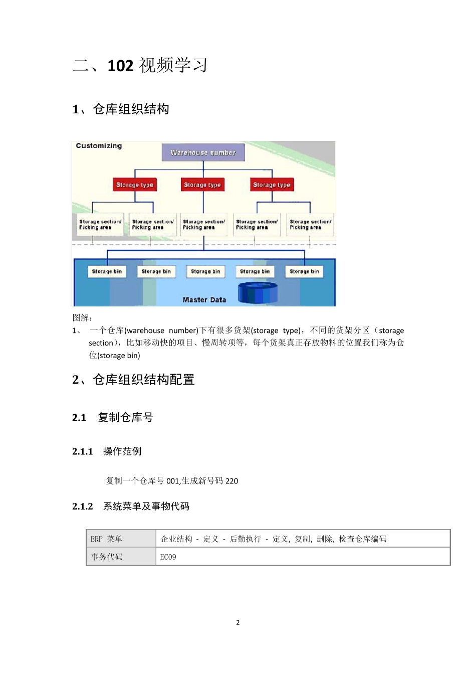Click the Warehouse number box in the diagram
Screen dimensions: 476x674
pyautogui.click(x=203, y=152)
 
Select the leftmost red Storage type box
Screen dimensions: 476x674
pyautogui.click(x=135, y=185)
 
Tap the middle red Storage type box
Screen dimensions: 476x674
pyautogui.click(x=202, y=185)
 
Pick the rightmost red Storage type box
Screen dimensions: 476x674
pyautogui.click(x=272, y=185)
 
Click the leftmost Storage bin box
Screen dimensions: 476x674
pyautogui.click(x=107, y=271)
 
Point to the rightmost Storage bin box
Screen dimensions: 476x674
pyautogui.click(x=304, y=271)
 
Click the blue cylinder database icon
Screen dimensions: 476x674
pyautogui.click(x=258, y=292)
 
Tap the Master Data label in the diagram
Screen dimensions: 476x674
pyautogui.click(x=204, y=300)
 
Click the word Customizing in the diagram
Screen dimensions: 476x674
pyautogui.click(x=99, y=146)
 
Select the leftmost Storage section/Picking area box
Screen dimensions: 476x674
pyautogui.click(x=100, y=225)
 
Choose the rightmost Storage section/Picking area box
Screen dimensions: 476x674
pyautogui.click(x=310, y=225)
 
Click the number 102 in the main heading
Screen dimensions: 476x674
pyautogui.click(x=120, y=66)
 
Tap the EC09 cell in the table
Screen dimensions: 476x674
pyautogui.click(x=168, y=557)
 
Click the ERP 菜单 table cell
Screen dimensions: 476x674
pyautogui.click(x=107, y=539)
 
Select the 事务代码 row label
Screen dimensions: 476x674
pyautogui.click(x=107, y=557)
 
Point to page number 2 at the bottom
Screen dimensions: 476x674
pyautogui.click(x=238, y=622)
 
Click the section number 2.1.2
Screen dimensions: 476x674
pyautogui.click(x=83, y=507)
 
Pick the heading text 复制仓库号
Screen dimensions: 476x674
pyautogui.click(x=125, y=417)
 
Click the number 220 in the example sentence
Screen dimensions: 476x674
pyautogui.click(x=231, y=481)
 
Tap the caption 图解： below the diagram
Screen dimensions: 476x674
pyautogui.click(x=83, y=317)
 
